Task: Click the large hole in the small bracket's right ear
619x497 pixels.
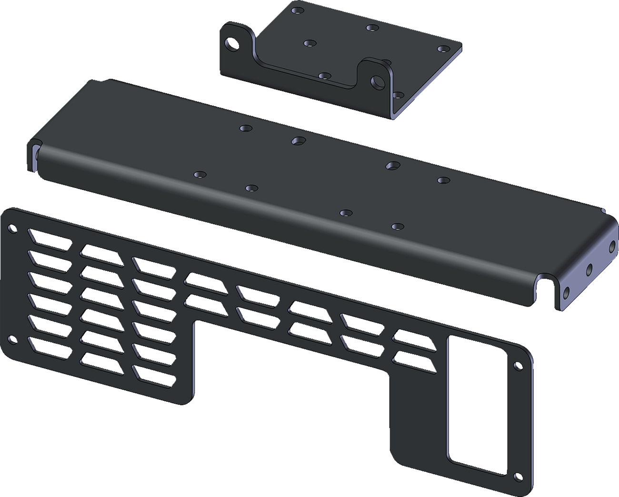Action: (x=379, y=81)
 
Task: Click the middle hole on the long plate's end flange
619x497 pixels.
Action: (x=589, y=269)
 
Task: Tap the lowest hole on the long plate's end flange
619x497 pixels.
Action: (x=566, y=291)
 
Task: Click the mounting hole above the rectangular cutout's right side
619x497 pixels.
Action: (x=519, y=366)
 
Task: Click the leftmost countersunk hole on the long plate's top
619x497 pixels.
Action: (x=199, y=175)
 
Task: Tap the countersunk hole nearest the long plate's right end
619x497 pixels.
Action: (x=443, y=180)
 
